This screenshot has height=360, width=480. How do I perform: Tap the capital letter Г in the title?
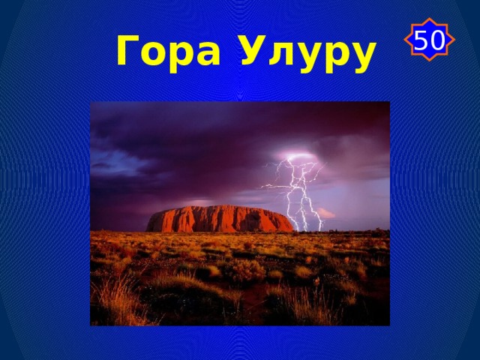pyautogui.click(x=128, y=51)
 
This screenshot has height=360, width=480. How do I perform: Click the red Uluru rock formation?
pyautogui.click(x=217, y=219)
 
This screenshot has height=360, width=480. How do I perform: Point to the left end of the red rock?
pyautogui.click(x=149, y=224)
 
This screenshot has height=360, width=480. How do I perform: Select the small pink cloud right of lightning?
pyautogui.click(x=325, y=213)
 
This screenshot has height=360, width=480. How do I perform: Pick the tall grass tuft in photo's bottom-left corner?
pyautogui.click(x=112, y=304)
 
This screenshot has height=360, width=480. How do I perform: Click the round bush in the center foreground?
pyautogui.click(x=247, y=270)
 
